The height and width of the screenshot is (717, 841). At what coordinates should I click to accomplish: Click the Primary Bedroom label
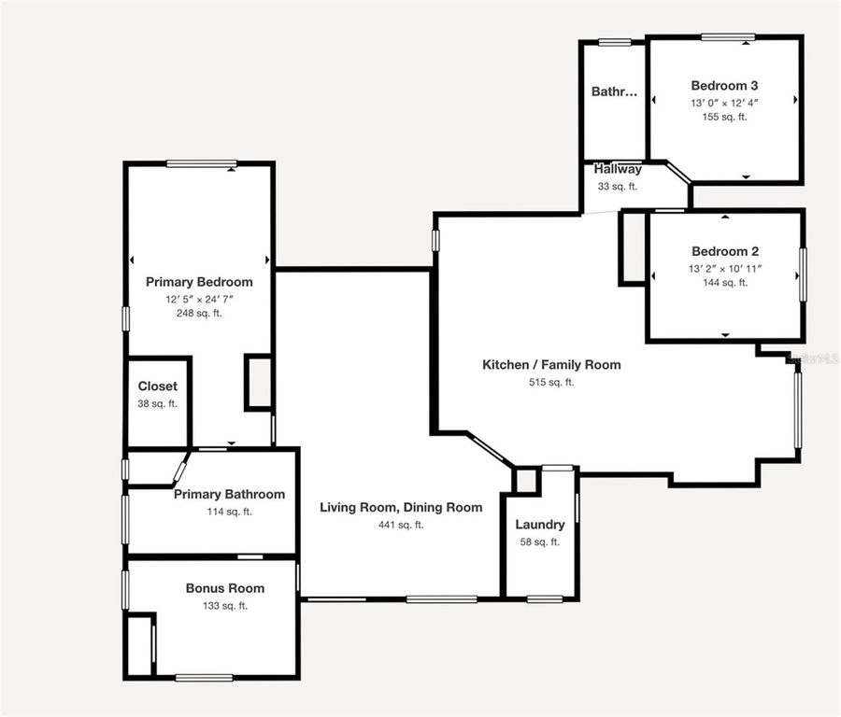[x=199, y=281]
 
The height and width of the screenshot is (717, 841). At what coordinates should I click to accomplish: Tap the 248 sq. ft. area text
[x=199, y=314]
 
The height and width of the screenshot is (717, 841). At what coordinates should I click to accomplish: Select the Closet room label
[x=157, y=387]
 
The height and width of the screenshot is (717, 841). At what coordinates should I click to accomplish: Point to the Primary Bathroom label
[x=229, y=494]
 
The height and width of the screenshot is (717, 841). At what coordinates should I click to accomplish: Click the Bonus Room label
[x=224, y=588]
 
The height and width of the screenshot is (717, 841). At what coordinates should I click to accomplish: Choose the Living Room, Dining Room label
[x=401, y=507]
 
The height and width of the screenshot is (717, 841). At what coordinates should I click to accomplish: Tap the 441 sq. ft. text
[x=401, y=525]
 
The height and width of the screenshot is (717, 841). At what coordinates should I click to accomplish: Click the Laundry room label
[x=540, y=525]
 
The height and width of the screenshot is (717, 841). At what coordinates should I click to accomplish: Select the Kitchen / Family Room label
[x=551, y=365]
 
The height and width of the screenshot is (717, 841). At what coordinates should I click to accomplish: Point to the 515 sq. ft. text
[x=551, y=382]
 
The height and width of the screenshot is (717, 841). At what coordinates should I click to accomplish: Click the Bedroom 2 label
[x=725, y=251]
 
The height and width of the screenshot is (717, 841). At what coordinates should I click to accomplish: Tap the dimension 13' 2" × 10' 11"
[x=725, y=269]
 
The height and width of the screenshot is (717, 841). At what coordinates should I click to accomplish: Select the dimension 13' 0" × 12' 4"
[x=725, y=103]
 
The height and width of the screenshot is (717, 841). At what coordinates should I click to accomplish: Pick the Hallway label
[x=618, y=169]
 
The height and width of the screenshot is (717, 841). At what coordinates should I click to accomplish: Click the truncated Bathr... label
[x=614, y=91]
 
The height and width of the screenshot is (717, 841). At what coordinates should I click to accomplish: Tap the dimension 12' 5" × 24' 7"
[x=199, y=299]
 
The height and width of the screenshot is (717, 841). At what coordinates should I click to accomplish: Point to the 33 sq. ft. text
[x=618, y=186]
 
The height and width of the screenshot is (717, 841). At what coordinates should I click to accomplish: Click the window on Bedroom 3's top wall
[x=728, y=37]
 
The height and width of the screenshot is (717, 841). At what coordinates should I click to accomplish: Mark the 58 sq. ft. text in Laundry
[x=540, y=542]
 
